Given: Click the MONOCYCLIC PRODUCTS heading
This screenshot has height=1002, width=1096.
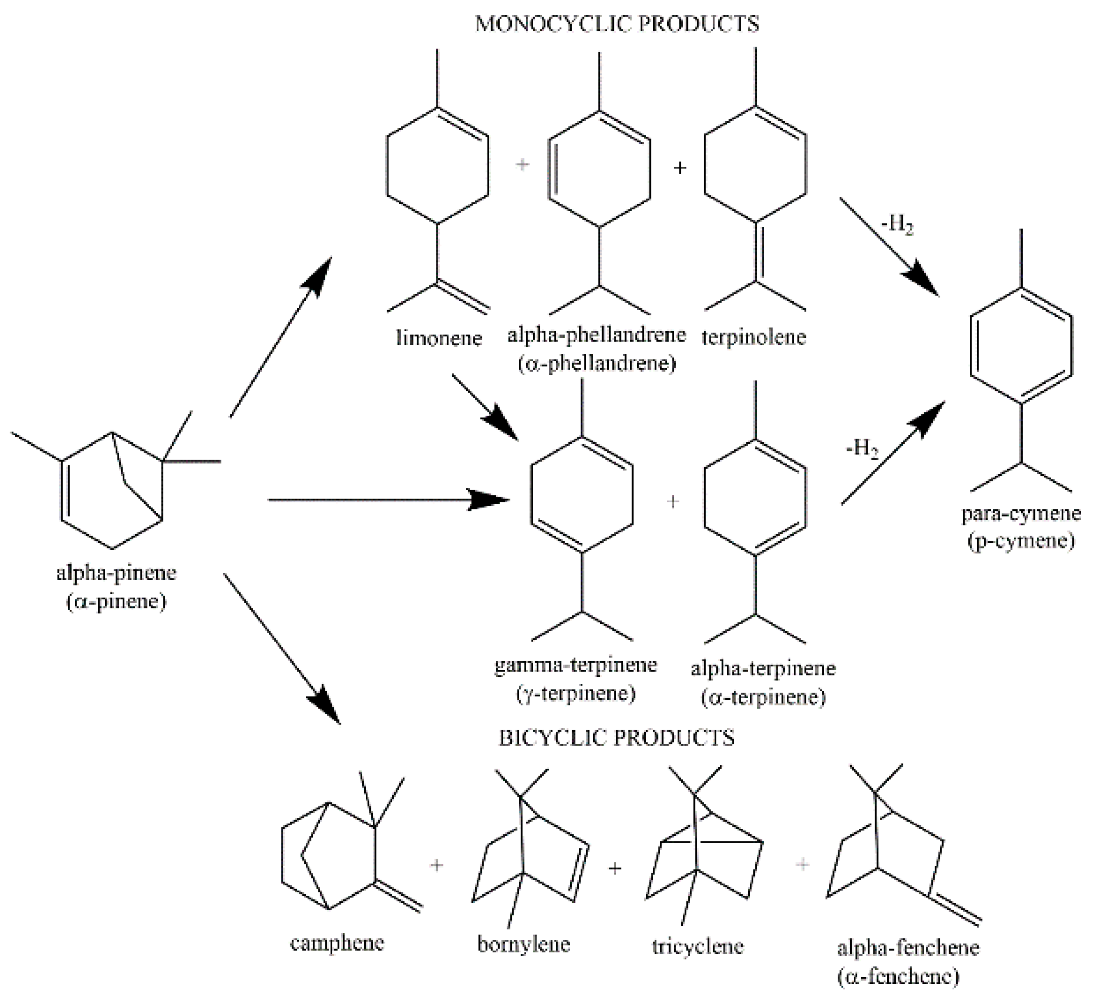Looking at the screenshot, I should point(617,24).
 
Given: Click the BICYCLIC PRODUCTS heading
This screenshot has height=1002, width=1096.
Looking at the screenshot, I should point(617,738).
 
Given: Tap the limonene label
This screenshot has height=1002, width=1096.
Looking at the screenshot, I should point(439,338).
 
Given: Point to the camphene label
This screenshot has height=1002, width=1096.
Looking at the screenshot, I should point(337,943).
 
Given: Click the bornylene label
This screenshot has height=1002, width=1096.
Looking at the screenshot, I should point(524,945).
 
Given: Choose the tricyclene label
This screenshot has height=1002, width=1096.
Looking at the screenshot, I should point(698,947).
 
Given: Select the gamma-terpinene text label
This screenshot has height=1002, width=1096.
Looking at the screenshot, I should point(576,665).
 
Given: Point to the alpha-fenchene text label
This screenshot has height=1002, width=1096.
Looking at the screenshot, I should point(908,948).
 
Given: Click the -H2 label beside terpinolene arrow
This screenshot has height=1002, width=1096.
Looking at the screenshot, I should point(898,224).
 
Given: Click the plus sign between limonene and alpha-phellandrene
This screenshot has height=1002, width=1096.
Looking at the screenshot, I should point(522,164).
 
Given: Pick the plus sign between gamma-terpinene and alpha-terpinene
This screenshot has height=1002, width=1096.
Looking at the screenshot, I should point(673,501).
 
